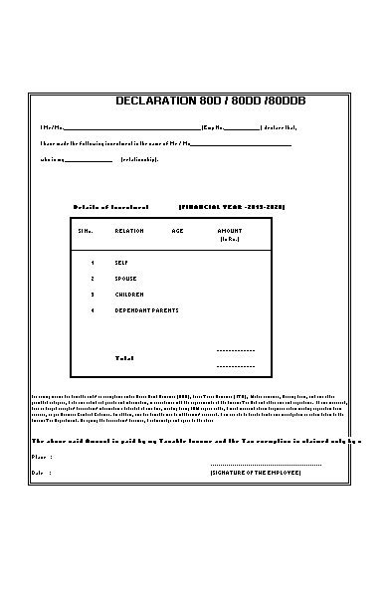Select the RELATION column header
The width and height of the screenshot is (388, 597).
(x=129, y=230)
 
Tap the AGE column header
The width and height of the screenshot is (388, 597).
(x=177, y=230)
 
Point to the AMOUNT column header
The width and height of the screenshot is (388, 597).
(x=229, y=230)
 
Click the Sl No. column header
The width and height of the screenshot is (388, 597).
(x=85, y=230)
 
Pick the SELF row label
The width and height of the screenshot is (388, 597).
(x=121, y=263)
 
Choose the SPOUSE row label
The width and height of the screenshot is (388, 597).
(x=125, y=279)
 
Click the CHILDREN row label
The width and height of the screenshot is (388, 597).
(x=129, y=295)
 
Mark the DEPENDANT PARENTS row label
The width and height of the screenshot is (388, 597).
(x=146, y=310)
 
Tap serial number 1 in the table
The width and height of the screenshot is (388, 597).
(x=93, y=263)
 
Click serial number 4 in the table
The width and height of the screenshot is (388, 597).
(x=93, y=310)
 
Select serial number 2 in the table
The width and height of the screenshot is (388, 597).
(x=93, y=279)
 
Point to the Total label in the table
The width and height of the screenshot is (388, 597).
(x=124, y=357)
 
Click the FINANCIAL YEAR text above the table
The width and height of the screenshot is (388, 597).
(x=232, y=206)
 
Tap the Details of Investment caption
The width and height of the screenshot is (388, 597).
(x=103, y=206)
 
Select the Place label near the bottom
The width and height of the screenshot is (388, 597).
(x=41, y=457)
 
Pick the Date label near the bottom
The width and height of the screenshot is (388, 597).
(x=40, y=472)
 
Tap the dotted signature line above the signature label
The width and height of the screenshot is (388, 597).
(x=266, y=464)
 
